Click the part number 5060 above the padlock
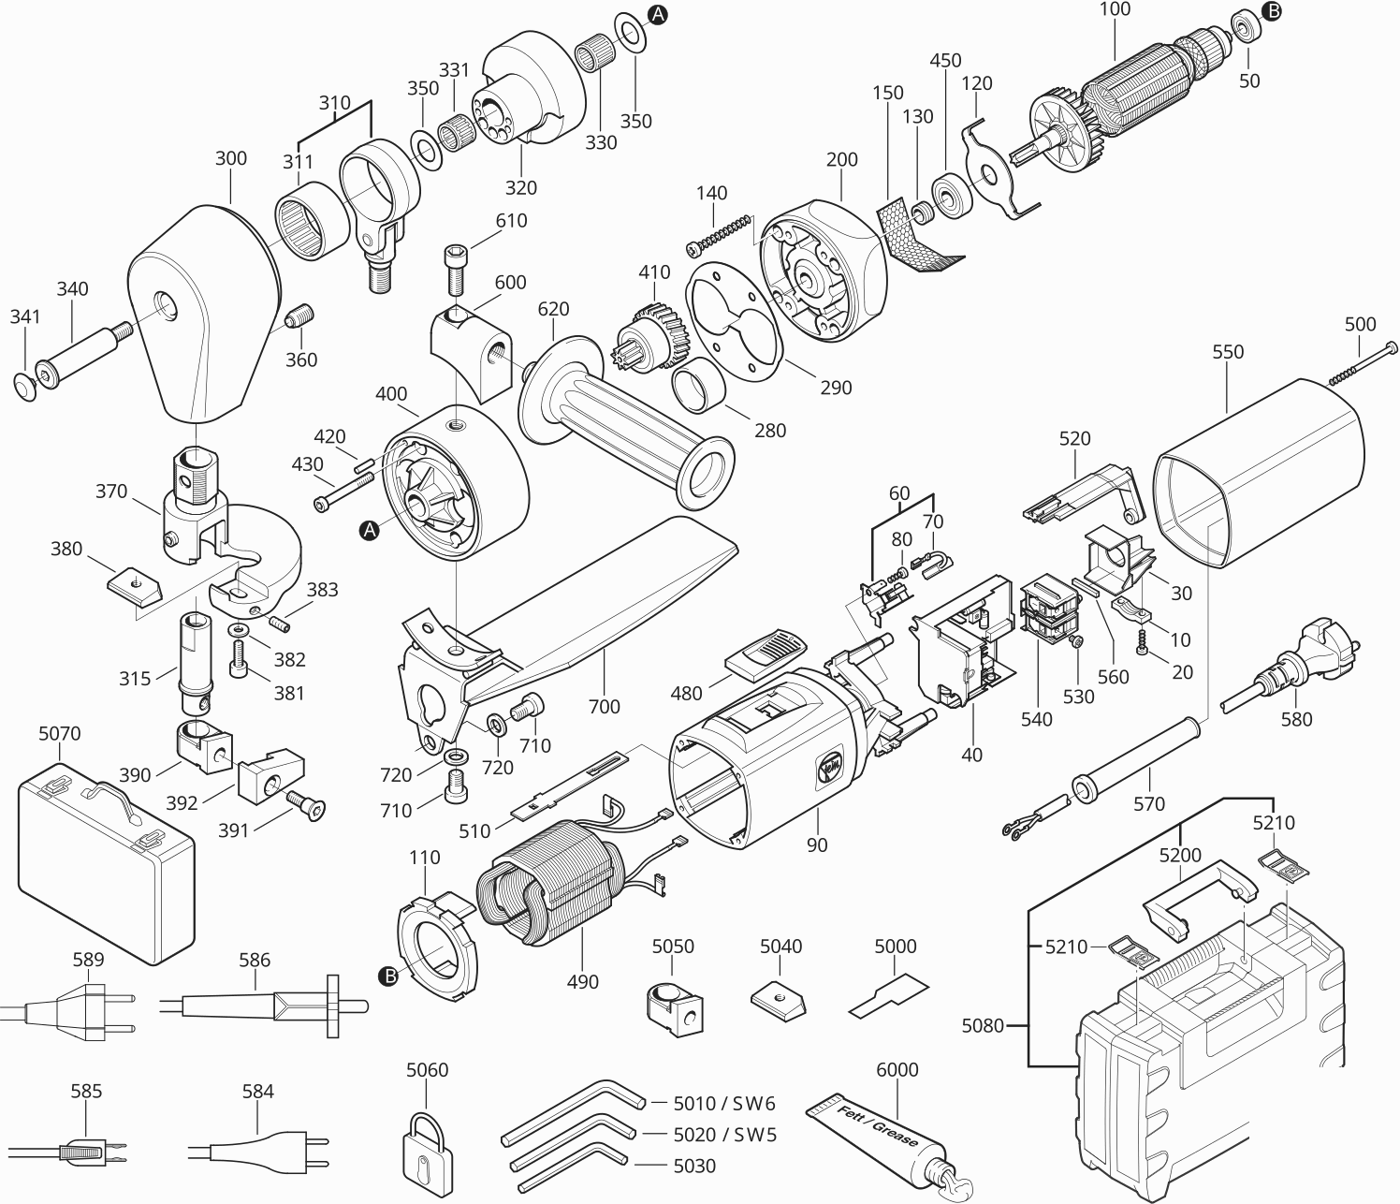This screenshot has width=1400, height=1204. (427, 1070)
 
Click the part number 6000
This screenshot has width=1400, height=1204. (897, 1070)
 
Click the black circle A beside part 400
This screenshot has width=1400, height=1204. (370, 531)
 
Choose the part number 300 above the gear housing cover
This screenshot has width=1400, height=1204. (230, 158)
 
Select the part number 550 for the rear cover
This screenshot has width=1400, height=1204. (1228, 352)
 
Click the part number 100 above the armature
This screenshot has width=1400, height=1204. (1115, 9)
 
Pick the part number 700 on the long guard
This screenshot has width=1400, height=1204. (604, 706)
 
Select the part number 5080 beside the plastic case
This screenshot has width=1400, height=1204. (982, 1026)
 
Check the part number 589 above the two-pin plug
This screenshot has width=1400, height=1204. (88, 960)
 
